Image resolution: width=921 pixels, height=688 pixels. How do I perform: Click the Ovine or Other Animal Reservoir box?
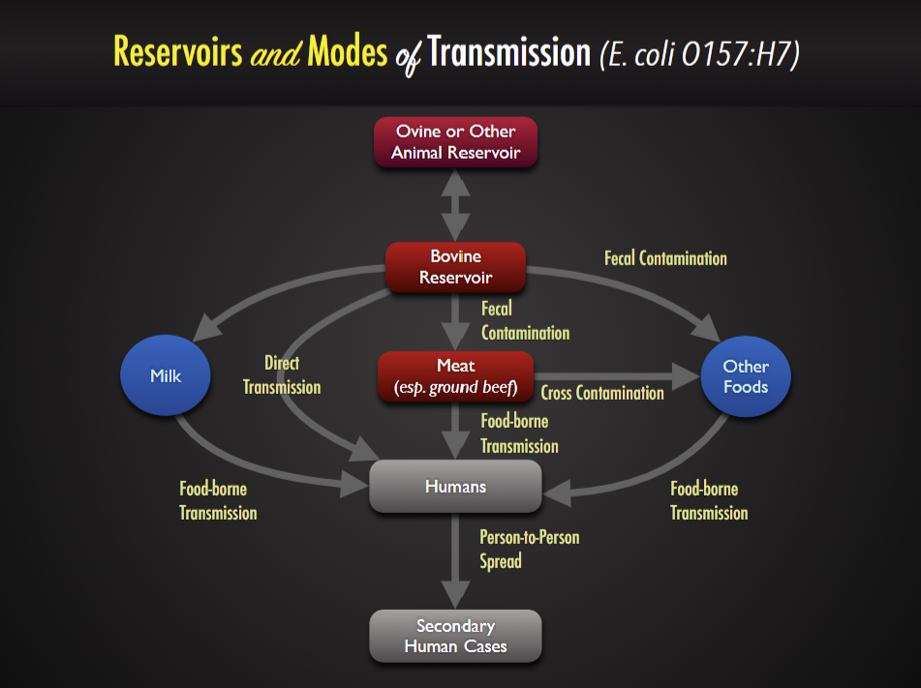pyautogui.click(x=455, y=142)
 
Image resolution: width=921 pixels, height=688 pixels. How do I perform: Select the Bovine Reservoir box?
pyautogui.click(x=455, y=267)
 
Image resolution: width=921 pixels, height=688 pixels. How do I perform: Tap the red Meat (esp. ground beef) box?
pyautogui.click(x=455, y=376)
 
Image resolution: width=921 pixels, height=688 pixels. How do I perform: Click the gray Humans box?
pyautogui.click(x=455, y=486)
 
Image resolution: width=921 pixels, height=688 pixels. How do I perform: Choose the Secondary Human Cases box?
pyautogui.click(x=455, y=636)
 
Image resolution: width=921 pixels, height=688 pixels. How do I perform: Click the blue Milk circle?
pyautogui.click(x=166, y=376)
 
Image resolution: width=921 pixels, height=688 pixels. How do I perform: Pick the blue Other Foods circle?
pyautogui.click(x=746, y=376)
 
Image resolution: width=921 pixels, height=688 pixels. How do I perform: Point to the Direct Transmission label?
pyautogui.click(x=282, y=375)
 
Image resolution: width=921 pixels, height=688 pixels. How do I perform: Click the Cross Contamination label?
pyautogui.click(x=602, y=393)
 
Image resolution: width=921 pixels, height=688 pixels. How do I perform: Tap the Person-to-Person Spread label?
pyautogui.click(x=529, y=549)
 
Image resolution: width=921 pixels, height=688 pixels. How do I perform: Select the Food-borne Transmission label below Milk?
pyautogui.click(x=218, y=501)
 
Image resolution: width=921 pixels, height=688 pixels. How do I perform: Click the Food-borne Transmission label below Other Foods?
pyautogui.click(x=709, y=501)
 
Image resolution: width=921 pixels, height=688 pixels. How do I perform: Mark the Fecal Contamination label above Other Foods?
pyautogui.click(x=665, y=258)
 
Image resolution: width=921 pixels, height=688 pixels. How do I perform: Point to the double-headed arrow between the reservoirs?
pyautogui.click(x=455, y=204)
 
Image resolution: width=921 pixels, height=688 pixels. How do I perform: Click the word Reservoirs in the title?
pyautogui.click(x=177, y=51)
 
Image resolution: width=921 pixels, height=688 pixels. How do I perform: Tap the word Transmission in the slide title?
pyautogui.click(x=508, y=51)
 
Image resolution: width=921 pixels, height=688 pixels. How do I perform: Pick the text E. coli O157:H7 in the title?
pyautogui.click(x=699, y=55)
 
